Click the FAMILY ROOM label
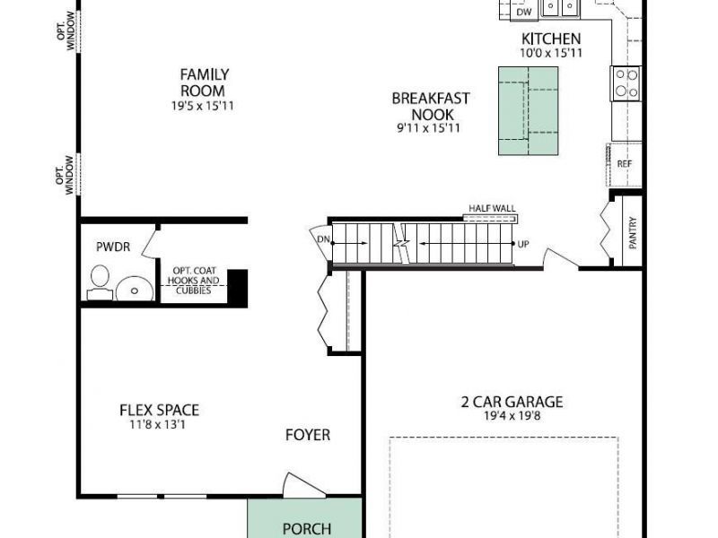205,82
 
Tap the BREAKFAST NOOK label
431,106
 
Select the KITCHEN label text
551,39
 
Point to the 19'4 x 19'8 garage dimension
512,416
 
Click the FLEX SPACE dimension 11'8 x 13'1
158,424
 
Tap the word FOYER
308,435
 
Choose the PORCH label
307,529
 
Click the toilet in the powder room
100,282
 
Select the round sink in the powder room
135,289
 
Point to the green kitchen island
529,110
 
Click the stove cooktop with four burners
626,83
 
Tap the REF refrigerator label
625,164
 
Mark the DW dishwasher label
524,12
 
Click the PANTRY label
633,233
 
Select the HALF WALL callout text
492,209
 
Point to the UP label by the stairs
523,244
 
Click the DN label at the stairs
323,239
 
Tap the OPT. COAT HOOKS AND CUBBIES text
193,281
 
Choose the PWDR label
113,247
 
